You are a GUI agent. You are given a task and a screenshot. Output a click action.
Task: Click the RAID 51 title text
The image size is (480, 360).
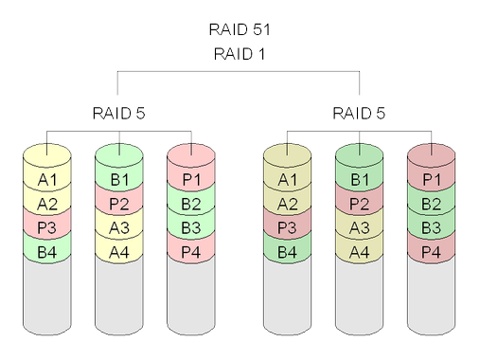[240, 29]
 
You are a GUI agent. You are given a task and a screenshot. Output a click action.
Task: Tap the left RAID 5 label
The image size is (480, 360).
[118, 115]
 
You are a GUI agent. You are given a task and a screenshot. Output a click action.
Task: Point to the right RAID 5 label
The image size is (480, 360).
[361, 115]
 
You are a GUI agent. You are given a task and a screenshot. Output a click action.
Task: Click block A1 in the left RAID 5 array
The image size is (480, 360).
[46, 180]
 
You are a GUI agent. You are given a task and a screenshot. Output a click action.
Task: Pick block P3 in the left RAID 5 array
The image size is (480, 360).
[46, 227]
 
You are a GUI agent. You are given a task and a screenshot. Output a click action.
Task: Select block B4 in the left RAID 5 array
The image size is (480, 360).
[46, 251]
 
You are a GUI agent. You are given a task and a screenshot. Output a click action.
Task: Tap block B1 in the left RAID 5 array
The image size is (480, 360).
[119, 180]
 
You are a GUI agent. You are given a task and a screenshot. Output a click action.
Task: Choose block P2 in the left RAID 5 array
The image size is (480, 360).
[119, 204]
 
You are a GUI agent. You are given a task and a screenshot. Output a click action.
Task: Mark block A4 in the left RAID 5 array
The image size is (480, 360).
[119, 251]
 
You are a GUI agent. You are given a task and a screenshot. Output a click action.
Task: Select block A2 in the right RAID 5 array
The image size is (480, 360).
[287, 204]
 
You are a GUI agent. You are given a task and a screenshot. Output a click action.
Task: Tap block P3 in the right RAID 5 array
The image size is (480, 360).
[287, 227]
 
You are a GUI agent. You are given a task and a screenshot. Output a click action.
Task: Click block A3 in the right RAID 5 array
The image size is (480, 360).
[360, 227]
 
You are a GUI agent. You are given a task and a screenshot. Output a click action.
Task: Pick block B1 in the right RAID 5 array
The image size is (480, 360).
[360, 180]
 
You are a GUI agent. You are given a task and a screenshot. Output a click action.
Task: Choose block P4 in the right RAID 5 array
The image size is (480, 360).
[432, 251]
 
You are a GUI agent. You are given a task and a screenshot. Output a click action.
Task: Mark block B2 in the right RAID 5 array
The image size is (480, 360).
[432, 204]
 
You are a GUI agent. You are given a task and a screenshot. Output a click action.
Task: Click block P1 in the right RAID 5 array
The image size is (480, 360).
[432, 180]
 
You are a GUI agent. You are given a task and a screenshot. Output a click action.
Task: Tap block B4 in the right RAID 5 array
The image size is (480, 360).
[287, 251]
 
